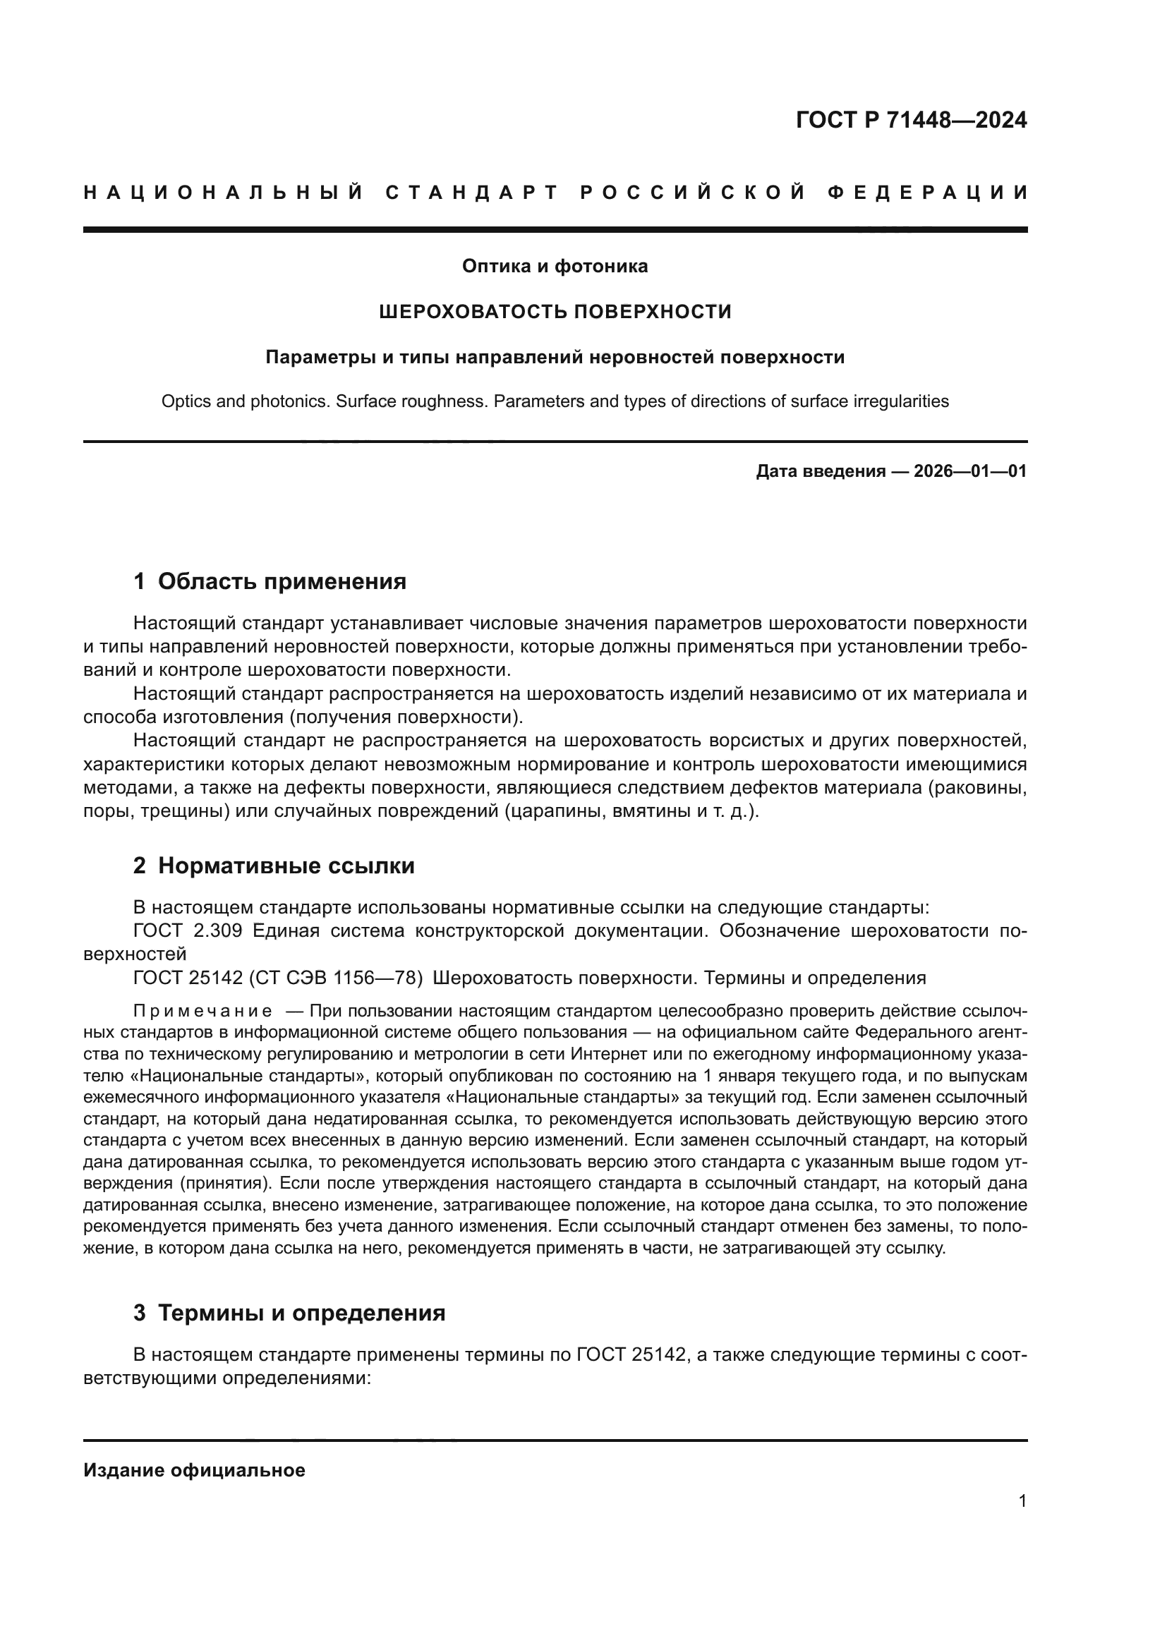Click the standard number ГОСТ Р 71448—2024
(911, 120)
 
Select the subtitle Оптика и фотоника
(555, 267)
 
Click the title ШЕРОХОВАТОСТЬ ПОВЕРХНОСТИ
(555, 312)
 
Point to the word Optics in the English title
(184, 401)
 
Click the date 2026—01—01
(970, 471)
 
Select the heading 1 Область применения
(270, 581)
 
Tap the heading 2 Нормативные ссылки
(274, 866)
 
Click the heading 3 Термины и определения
(289, 1313)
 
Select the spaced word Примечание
(202, 1012)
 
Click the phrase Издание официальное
(194, 1470)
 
